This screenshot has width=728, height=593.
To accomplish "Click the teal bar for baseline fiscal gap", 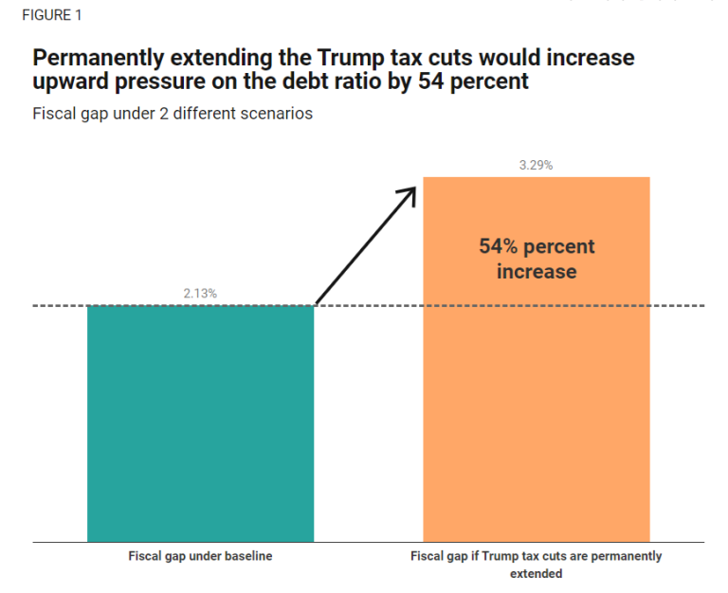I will (200, 423).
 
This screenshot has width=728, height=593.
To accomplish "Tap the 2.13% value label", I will (200, 294).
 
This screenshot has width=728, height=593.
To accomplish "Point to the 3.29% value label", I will (536, 165).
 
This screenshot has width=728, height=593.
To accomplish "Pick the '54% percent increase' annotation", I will (537, 259).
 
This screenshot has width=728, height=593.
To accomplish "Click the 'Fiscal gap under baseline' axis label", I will (200, 556).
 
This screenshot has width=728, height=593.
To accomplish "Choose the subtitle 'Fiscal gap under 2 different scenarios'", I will (173, 114).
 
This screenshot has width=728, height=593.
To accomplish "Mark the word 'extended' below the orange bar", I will (536, 574).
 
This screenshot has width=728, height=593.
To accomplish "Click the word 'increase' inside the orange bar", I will (536, 272).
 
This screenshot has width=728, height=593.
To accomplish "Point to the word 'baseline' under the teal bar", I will (248, 556).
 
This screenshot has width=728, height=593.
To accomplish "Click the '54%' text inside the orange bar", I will (498, 246).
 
